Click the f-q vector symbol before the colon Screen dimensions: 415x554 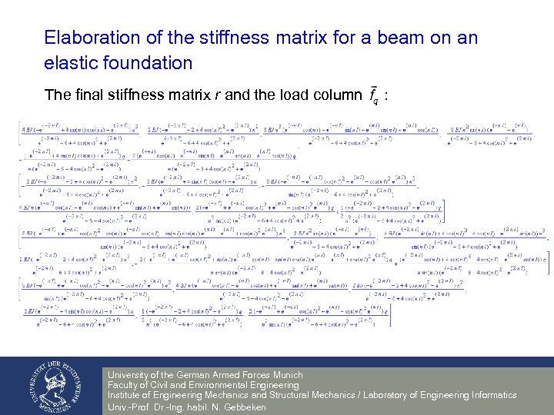coord(374,96)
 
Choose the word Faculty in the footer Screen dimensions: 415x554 coord(124,385)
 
